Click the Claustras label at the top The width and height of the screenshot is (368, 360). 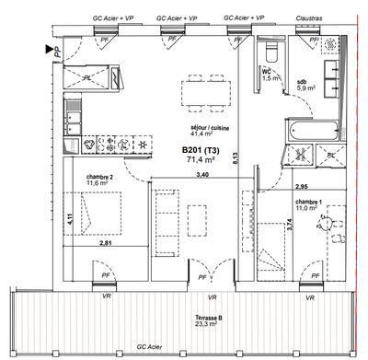coord(320,17)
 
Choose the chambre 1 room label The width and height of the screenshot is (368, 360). coord(308,201)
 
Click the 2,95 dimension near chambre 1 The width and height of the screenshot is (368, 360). coord(275,186)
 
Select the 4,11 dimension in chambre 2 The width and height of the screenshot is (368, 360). coord(70,219)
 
